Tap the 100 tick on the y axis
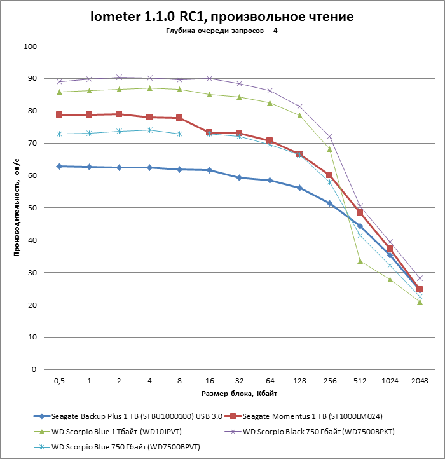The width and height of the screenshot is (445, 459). tap(31, 46)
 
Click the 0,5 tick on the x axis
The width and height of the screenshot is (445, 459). tap(59, 380)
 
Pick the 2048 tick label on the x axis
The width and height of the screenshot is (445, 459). tap(419, 380)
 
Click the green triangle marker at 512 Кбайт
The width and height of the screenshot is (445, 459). tap(359, 261)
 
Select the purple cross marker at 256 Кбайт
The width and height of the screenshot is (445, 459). tap(329, 137)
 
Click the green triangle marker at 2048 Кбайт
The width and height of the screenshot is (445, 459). tap(419, 301)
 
